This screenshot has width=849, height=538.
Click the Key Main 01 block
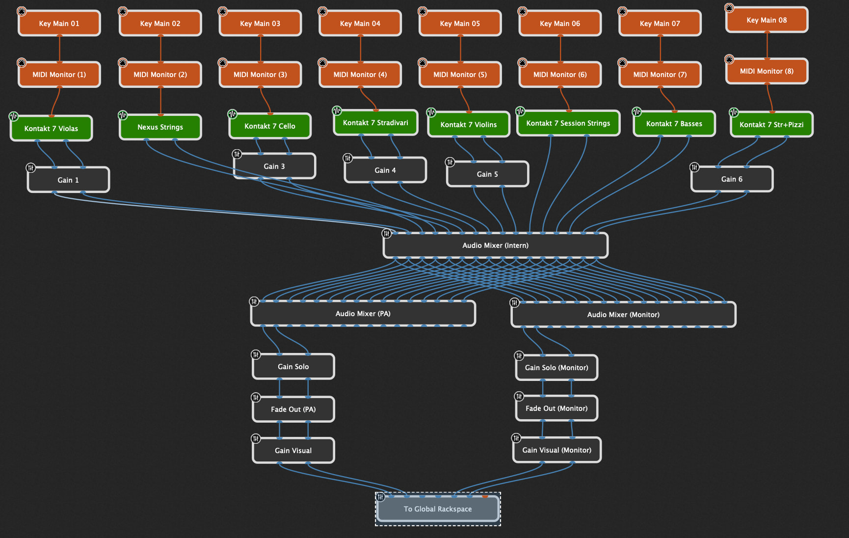pyautogui.click(x=59, y=24)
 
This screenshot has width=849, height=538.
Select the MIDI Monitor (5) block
pyautogui.click(x=460, y=75)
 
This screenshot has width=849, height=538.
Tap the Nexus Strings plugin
pyautogui.click(x=160, y=127)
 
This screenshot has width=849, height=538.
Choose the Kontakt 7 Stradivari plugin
pyautogui.click(x=375, y=123)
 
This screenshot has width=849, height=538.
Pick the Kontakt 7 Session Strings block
pyautogui.click(x=568, y=123)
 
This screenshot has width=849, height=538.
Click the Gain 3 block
pyautogui.click(x=274, y=166)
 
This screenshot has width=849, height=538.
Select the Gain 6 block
pyautogui.click(x=732, y=179)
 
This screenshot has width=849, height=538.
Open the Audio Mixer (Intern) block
pyautogui.click(x=496, y=245)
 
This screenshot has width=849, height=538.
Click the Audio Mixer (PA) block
pyautogui.click(x=363, y=314)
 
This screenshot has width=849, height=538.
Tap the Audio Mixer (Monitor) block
pyautogui.click(x=623, y=315)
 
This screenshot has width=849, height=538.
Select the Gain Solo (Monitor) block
pyautogui.click(x=557, y=368)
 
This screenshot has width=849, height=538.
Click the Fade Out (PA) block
pyautogui.click(x=293, y=409)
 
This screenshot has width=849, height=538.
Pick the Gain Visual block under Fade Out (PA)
pyautogui.click(x=293, y=451)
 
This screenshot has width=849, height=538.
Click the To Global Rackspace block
pyautogui.click(x=438, y=509)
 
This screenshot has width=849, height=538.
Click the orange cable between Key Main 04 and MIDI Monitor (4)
pyautogui.click(x=361, y=49)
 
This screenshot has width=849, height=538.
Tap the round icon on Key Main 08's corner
pyautogui.click(x=729, y=8)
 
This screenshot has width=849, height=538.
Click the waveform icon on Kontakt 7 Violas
pyautogui.click(x=14, y=116)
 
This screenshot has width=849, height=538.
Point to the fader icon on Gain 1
pyautogui.click(x=31, y=168)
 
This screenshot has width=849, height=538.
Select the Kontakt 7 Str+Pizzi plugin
pyautogui.click(x=771, y=125)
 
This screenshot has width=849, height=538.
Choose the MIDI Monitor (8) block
pyautogui.click(x=767, y=71)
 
